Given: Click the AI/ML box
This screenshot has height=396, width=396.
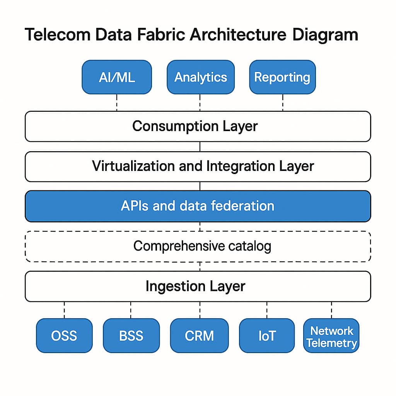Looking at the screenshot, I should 117,77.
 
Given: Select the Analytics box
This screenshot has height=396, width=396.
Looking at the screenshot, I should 200,77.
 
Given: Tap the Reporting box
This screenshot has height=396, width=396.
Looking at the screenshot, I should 282,77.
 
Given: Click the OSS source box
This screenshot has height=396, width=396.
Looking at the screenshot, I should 64,335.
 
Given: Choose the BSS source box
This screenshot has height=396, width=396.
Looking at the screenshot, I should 131,335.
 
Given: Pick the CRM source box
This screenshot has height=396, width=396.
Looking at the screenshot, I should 199,335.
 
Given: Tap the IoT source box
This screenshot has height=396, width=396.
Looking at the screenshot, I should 267,335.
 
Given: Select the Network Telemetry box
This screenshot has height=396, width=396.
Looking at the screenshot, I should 331,336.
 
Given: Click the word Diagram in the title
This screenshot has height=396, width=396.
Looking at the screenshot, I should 325,35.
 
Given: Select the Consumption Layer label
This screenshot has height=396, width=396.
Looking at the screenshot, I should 195,126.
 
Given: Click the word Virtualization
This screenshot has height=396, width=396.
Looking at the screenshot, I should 133,166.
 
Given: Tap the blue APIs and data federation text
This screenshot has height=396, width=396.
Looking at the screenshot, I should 198,206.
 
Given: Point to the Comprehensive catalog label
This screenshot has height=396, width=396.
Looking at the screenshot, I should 202,246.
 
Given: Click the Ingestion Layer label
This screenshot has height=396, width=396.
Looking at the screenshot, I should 195,286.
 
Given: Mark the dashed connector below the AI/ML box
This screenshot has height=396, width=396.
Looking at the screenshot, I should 117,102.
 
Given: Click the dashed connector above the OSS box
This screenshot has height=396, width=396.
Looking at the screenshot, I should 64,310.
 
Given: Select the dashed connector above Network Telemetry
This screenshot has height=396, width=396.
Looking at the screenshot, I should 331,310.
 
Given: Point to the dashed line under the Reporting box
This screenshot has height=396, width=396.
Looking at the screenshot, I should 283,102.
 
